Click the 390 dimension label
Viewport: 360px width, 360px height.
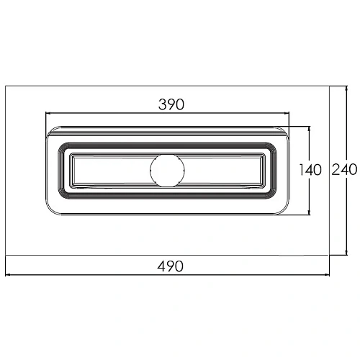click(x=171, y=104)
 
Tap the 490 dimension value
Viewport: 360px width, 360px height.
click(x=170, y=266)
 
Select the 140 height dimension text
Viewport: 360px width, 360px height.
click(x=310, y=170)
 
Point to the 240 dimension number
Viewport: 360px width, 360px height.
click(x=344, y=169)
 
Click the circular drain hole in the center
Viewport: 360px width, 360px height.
click(x=167, y=171)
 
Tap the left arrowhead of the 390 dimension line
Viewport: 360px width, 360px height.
click(x=48, y=113)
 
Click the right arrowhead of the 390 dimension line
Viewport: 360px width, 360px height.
click(x=287, y=113)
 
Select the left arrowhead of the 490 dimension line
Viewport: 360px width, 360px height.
click(x=8, y=274)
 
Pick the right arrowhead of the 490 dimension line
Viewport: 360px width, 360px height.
click(x=327, y=274)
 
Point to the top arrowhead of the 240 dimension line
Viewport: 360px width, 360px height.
click(x=346, y=89)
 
